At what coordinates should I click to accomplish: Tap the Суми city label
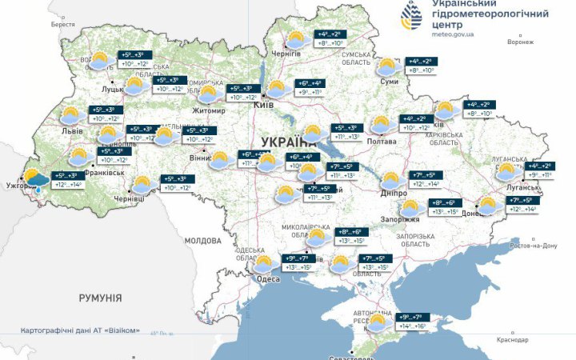coord(390,82)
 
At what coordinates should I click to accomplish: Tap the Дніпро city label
coord(393,194)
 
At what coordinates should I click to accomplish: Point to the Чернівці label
coord(130,198)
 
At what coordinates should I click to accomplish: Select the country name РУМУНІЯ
coord(101,298)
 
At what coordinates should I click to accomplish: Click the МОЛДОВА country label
coord(202,240)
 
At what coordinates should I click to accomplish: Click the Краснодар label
coord(513,340)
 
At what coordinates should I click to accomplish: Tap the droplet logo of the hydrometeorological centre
coord(414,15)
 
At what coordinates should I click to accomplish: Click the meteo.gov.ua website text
coord(453,35)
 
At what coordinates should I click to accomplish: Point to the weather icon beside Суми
coord(390,66)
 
